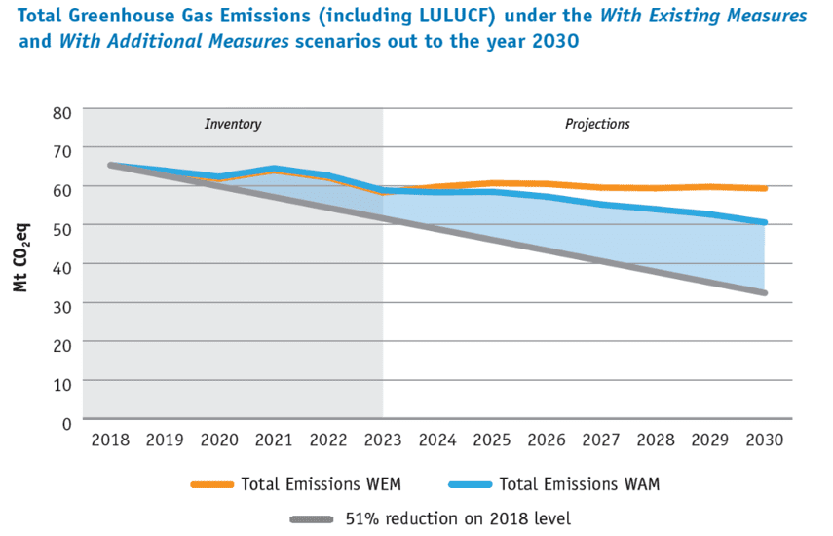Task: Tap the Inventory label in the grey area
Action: coord(233,125)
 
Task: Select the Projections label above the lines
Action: coord(597,125)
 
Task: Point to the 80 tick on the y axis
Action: coord(63,112)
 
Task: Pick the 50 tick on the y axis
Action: coord(63,226)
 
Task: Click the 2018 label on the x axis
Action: coord(110,440)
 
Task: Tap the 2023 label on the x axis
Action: coord(383,440)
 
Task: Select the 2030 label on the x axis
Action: coord(765,440)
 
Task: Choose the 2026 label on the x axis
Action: coord(547,440)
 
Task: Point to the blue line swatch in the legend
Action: coord(471,484)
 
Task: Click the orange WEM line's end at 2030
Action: coord(765,188)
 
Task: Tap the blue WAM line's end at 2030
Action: coord(765,222)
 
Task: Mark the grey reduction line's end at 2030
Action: coord(765,292)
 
